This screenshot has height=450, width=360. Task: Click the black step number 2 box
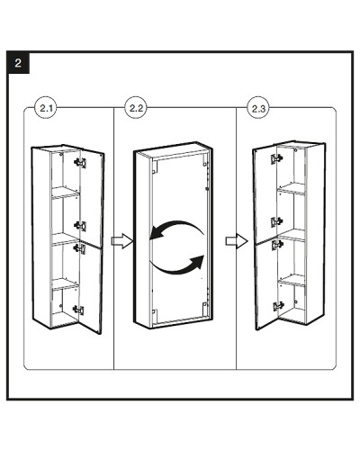coord(18,63)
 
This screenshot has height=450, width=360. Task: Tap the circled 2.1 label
coord(46,108)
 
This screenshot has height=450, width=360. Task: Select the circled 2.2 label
coord(136,108)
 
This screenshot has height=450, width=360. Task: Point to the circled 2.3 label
coord(258,108)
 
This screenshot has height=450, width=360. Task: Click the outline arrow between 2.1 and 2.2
coord(122,241)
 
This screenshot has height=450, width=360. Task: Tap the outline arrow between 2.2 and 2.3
coord(237,241)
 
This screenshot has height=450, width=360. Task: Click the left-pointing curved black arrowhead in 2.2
coord(156,233)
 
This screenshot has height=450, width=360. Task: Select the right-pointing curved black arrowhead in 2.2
coord(196,263)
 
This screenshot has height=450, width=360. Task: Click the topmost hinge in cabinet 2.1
coord(80,163)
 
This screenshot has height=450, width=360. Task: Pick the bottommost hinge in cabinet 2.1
coord(78,310)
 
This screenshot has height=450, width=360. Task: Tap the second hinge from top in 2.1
coord(80,226)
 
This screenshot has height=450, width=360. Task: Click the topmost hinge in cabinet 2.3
coord(276,158)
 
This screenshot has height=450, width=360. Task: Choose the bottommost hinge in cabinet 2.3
coord(278,306)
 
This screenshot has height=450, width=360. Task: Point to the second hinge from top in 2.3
coord(276,222)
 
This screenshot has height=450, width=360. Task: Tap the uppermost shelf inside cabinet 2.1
coord(66,193)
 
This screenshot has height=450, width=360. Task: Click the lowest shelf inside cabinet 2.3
coord(292,281)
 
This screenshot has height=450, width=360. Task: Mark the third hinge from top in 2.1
coord(79,248)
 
